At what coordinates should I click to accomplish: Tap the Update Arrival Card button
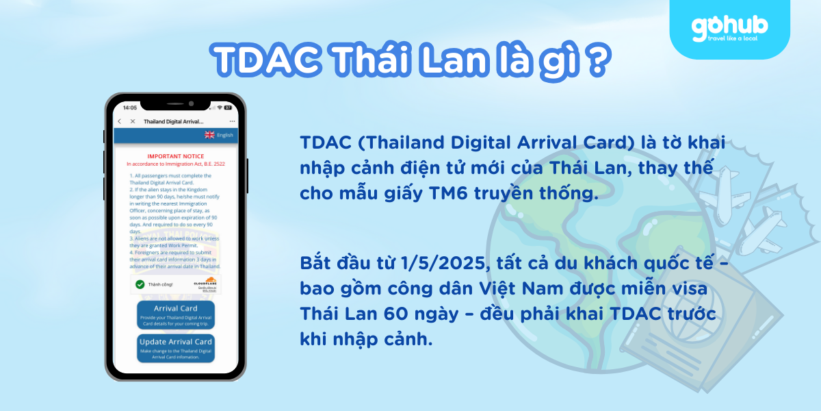176,347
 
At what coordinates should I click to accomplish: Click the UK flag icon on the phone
209,135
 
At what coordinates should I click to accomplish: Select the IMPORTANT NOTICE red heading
176,157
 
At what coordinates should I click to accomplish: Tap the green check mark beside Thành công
140,284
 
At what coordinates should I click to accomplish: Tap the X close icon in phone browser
133,121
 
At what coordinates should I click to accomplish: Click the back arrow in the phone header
120,121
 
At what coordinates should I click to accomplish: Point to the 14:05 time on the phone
129,108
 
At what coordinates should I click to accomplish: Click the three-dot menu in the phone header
233,121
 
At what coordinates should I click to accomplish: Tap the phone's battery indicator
229,108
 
